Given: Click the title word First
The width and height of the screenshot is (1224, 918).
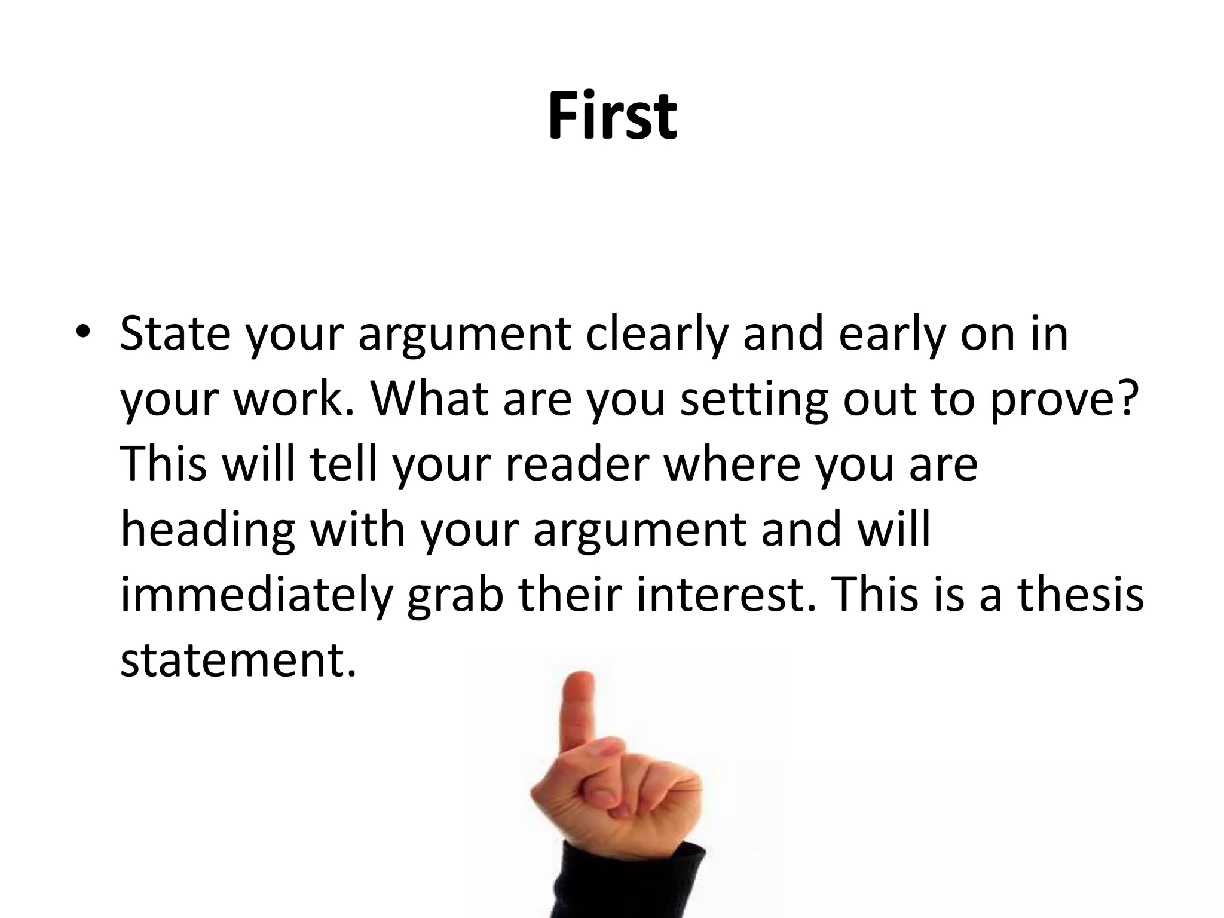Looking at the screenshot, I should click(612, 116).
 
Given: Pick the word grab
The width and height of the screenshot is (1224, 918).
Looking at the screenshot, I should click(455, 598).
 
